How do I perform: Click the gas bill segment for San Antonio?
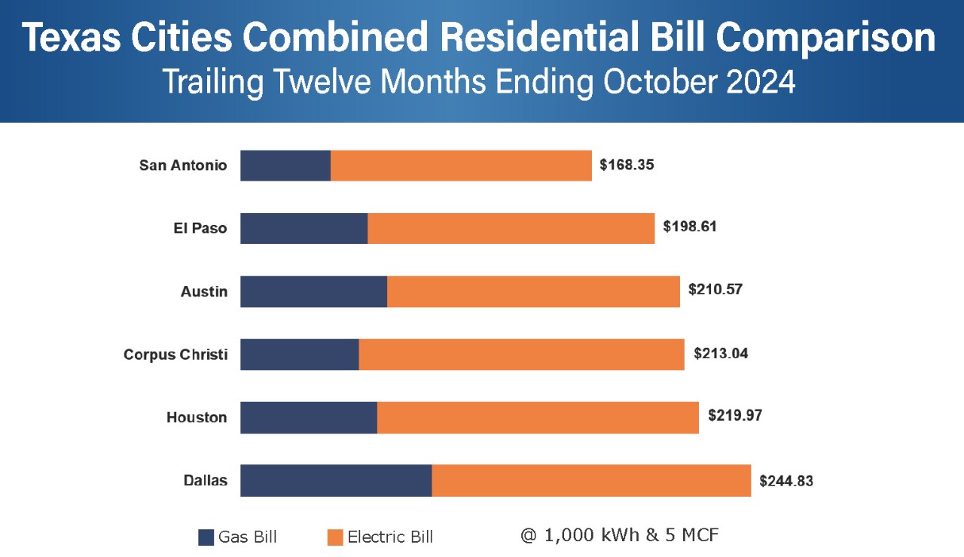click(x=285, y=166)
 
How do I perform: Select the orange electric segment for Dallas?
click(x=591, y=480)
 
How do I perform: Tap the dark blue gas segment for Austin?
click(x=313, y=291)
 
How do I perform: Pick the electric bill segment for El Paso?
click(x=511, y=228)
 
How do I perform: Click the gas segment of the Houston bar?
click(x=309, y=417)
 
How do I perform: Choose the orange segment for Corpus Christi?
click(x=521, y=355)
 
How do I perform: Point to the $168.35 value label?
click(x=627, y=164)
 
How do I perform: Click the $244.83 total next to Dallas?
click(x=786, y=481)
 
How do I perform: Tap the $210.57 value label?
click(x=715, y=289)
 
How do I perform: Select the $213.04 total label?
click(x=721, y=353)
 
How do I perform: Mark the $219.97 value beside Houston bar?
click(x=735, y=415)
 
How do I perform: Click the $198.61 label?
click(x=690, y=226)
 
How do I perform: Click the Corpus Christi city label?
click(x=175, y=355)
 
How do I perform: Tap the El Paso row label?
click(x=200, y=228)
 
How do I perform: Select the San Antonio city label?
click(x=183, y=166)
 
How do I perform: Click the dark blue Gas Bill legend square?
click(x=206, y=537)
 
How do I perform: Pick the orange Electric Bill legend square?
click(x=335, y=537)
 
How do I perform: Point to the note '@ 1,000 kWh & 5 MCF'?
click(x=619, y=535)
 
